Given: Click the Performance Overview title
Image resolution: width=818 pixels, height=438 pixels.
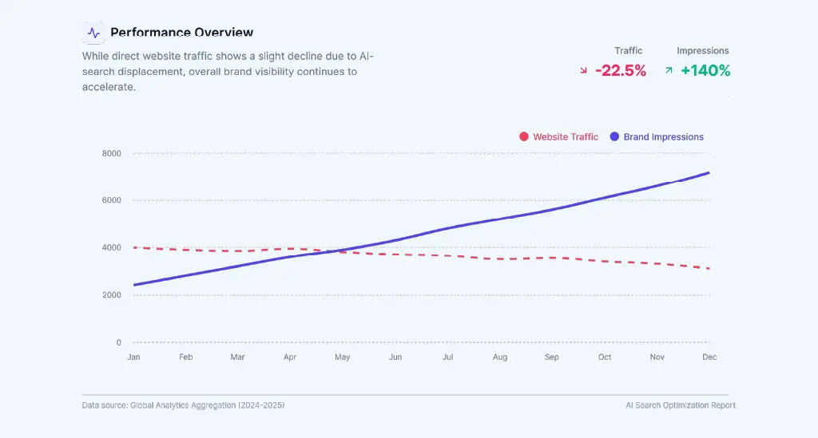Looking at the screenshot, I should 181,33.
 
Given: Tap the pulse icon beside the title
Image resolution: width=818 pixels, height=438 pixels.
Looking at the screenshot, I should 94,33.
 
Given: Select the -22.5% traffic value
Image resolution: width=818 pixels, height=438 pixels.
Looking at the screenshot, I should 621,71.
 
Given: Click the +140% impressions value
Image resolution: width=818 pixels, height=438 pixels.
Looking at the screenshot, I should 705,71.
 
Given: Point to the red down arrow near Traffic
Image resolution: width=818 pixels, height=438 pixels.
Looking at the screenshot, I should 584,71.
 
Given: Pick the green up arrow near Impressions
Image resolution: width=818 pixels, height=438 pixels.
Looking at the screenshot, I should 669,70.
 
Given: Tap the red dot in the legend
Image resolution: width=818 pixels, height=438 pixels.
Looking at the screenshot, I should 524,137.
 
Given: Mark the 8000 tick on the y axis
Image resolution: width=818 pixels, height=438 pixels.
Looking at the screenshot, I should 112,153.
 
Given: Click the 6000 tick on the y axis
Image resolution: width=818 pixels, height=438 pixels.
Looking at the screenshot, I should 112,200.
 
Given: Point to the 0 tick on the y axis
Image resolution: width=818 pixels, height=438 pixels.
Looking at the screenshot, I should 118,342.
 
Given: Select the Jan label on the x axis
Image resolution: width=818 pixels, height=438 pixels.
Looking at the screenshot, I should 133,357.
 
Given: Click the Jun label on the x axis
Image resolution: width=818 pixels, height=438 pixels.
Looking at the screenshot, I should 395,357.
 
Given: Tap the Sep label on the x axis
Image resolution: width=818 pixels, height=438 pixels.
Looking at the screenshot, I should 552,357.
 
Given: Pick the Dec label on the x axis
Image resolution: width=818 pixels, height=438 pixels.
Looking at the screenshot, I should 709,357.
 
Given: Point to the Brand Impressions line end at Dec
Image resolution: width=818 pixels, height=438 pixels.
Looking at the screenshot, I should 709,173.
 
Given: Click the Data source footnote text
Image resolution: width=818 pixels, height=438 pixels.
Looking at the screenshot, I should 183,405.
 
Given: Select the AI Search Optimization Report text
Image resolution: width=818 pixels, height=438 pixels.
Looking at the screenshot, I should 681,405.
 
